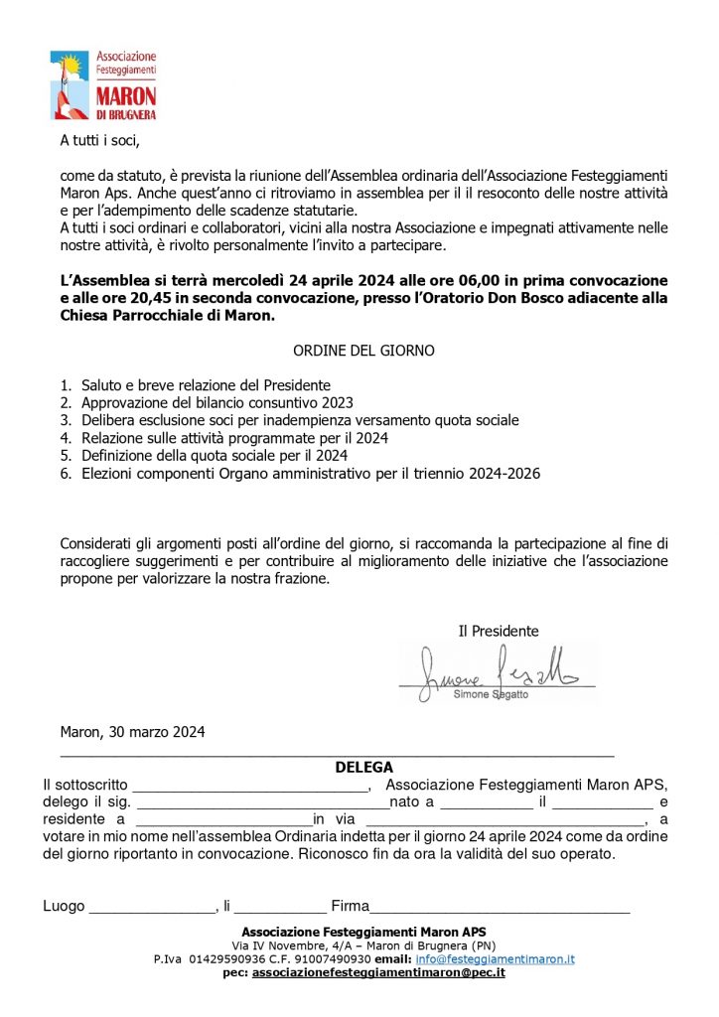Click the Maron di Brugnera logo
click(x=103, y=85)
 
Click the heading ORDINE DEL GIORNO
click(x=363, y=351)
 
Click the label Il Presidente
click(x=498, y=631)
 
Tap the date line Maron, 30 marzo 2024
click(x=132, y=732)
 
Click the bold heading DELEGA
click(x=363, y=767)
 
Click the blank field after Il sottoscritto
click(x=250, y=785)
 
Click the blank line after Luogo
click(x=152, y=907)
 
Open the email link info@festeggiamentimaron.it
click(x=495, y=959)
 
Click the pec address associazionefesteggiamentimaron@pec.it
click(x=378, y=973)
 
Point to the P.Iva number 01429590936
click(x=236, y=959)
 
